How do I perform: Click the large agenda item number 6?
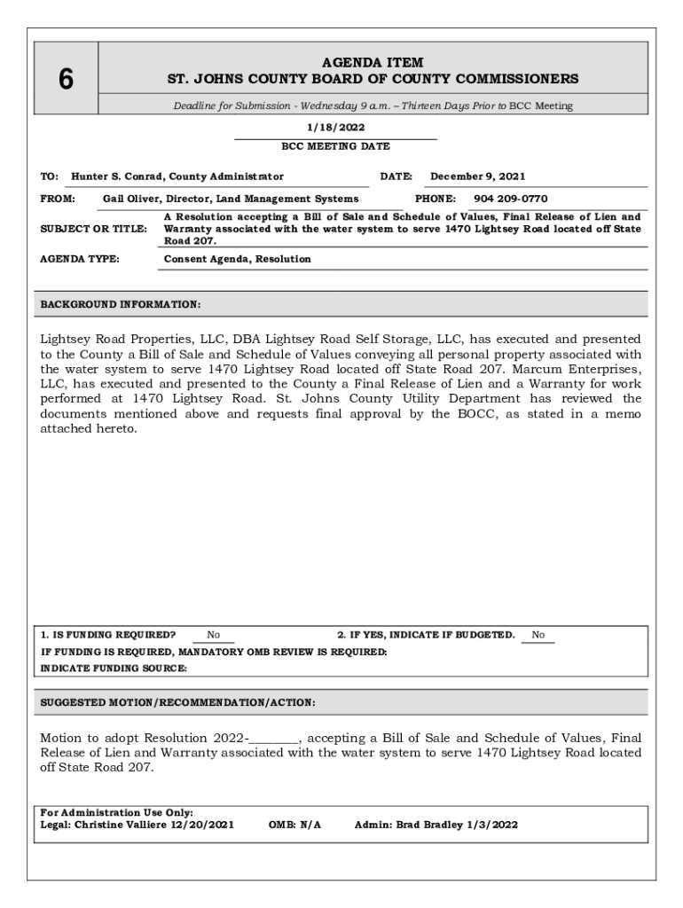pyautogui.click(x=66, y=80)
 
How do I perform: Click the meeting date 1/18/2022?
pyautogui.click(x=335, y=128)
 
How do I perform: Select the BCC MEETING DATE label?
pyautogui.click(x=335, y=146)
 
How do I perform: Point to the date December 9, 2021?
pyautogui.click(x=478, y=176)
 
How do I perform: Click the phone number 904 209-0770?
pyautogui.click(x=510, y=199)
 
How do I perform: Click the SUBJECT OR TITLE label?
pyautogui.click(x=94, y=229)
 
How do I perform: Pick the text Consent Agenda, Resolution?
pyautogui.click(x=238, y=259)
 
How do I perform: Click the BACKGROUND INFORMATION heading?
pyautogui.click(x=121, y=304)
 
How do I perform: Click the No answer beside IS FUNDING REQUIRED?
pyautogui.click(x=214, y=635)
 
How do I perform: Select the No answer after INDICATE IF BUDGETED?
pyautogui.click(x=538, y=635)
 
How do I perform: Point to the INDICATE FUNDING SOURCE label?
pyautogui.click(x=114, y=669)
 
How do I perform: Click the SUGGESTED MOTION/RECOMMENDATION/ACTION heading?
pyautogui.click(x=177, y=702)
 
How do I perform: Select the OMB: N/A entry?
pyautogui.click(x=294, y=825)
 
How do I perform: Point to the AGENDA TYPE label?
pyautogui.click(x=80, y=259)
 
